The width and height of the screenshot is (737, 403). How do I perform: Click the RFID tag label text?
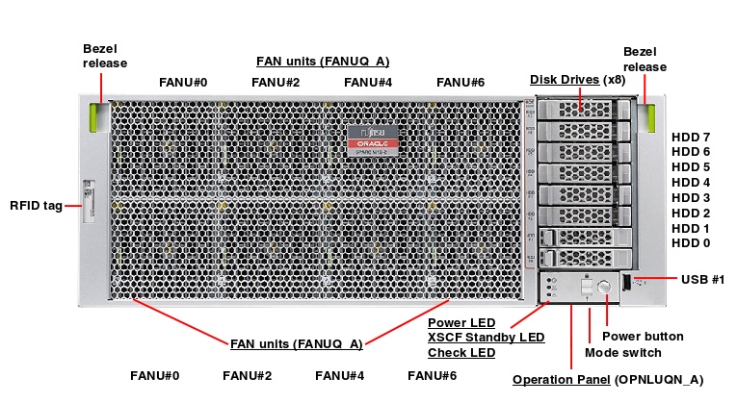(36, 205)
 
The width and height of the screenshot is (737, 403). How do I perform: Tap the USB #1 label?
(702, 279)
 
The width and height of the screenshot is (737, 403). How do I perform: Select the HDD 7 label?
(690, 137)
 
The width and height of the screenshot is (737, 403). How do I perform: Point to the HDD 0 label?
(690, 243)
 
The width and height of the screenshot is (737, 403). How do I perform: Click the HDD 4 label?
(690, 182)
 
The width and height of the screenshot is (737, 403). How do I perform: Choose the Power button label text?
(643, 337)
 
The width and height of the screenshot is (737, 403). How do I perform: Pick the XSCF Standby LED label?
(486, 338)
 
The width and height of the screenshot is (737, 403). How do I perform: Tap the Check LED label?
(461, 353)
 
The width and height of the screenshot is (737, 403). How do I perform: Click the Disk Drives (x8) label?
(577, 79)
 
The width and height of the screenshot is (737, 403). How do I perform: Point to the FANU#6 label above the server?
(461, 82)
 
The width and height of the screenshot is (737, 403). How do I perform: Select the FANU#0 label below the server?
(154, 375)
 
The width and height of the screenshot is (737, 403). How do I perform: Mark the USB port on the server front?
(628, 282)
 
